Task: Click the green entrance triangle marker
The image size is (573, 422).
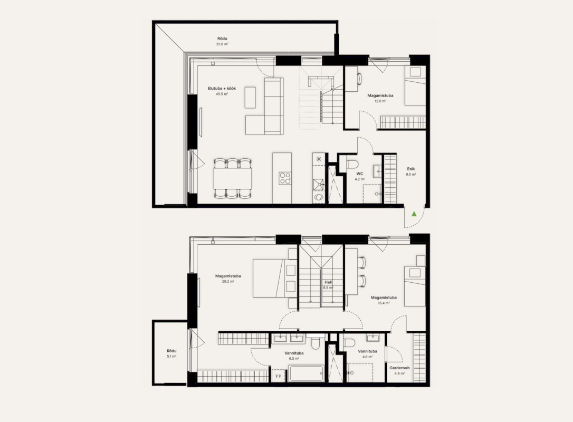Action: tap(414, 214)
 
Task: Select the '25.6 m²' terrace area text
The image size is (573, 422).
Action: tap(222, 44)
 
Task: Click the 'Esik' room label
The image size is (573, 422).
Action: tap(410, 169)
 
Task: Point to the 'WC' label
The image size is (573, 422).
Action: tap(360, 174)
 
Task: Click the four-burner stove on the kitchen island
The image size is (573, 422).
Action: tap(285, 178)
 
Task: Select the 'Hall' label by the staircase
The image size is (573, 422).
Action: tap(328, 282)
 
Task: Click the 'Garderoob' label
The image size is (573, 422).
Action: tap(399, 368)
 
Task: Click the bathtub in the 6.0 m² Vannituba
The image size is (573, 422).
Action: tap(306, 373)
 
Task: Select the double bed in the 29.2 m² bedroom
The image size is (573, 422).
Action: tap(271, 279)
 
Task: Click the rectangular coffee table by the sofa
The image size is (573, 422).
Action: tap(250, 97)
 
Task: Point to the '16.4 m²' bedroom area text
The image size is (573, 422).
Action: tap(384, 303)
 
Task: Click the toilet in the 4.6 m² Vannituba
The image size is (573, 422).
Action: tap(349, 343)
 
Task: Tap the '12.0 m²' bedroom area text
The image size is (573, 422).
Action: tap(380, 101)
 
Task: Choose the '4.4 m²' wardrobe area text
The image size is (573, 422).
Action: tap(399, 373)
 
